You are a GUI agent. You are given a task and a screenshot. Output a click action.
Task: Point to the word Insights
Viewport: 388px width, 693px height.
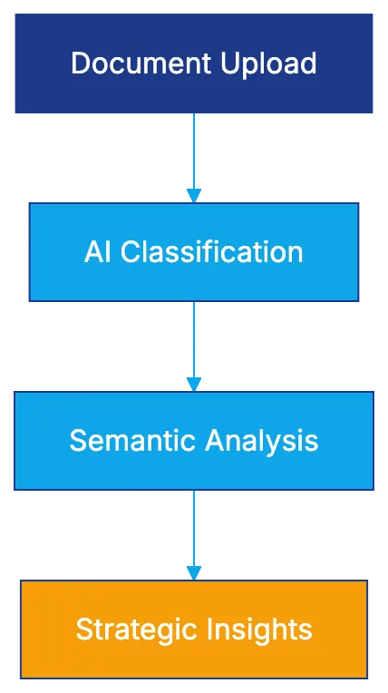[262, 629]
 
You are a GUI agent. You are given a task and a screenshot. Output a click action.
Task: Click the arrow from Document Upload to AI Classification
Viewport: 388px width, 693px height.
[192, 150]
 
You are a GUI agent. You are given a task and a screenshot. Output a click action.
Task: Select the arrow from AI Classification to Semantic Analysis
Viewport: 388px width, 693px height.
[192, 340]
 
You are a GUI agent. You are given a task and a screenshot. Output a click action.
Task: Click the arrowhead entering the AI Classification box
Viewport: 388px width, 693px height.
[192, 194]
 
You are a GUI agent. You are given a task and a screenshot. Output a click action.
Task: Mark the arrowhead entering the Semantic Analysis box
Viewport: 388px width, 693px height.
[192, 383]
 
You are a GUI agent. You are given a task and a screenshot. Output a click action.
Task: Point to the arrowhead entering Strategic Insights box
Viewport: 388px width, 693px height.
[192, 571]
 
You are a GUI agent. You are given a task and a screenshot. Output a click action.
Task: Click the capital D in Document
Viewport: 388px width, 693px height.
[79, 63]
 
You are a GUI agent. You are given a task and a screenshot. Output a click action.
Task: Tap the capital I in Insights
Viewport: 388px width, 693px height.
[216, 629]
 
